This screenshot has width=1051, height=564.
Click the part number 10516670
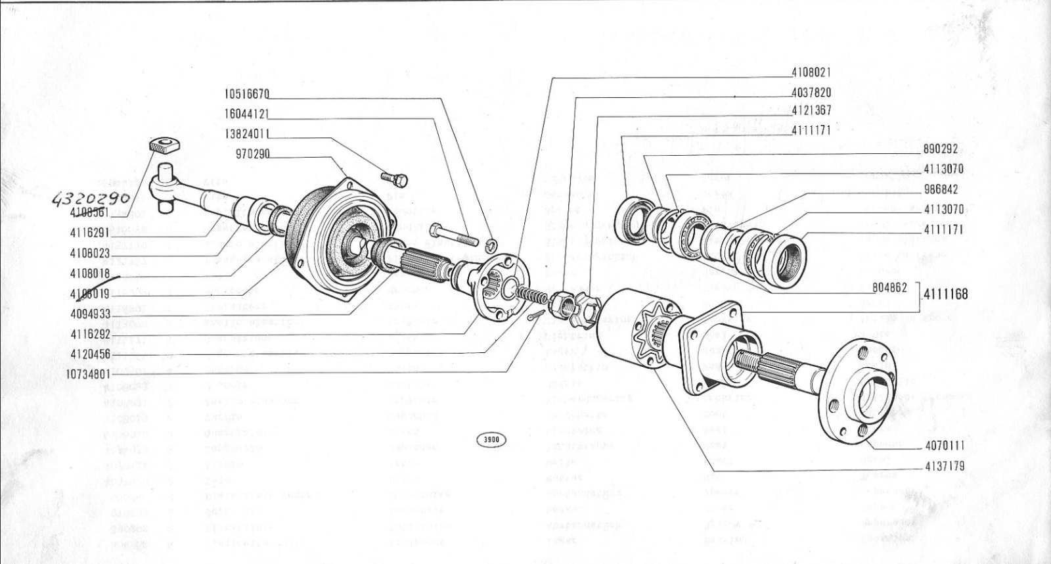click(246, 93)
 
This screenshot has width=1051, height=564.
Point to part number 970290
click(252, 155)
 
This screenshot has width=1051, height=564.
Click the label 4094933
click(90, 314)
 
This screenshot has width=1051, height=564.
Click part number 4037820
click(811, 93)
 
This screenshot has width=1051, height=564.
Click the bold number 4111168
click(945, 294)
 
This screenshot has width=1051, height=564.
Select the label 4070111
click(945, 446)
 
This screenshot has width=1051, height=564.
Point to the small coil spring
click(531, 295)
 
